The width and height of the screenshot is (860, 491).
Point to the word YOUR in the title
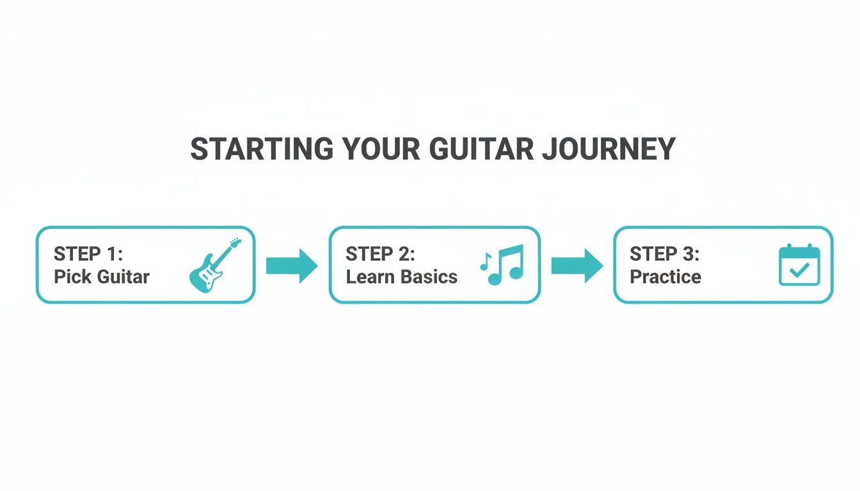click(380, 149)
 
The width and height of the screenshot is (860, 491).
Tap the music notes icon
click(502, 264)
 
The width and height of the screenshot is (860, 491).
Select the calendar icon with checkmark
click(799, 264)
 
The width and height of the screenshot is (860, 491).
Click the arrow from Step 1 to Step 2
click(291, 265)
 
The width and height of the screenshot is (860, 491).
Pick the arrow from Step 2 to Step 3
click(577, 265)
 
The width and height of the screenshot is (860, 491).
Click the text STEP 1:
click(88, 254)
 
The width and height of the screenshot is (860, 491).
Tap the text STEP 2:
click(380, 254)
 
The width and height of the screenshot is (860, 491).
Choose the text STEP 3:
click(664, 254)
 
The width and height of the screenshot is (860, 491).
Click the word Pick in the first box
click(68, 277)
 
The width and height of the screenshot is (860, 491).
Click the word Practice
click(665, 277)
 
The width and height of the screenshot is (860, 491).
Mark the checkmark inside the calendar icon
click(799, 270)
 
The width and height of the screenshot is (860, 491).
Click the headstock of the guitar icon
click(235, 244)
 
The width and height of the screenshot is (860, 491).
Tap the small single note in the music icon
click(484, 261)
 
